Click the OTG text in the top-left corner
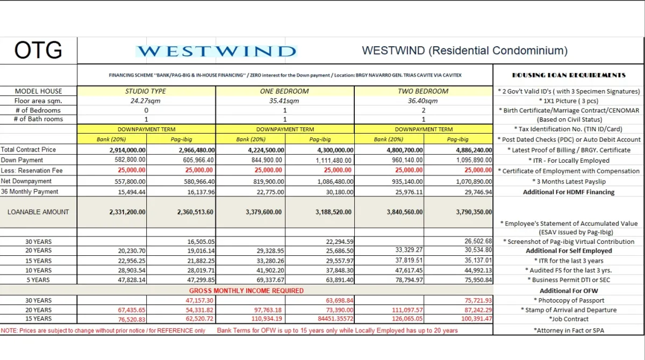(38, 51)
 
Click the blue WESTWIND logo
(216, 52)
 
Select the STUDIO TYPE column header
(146, 91)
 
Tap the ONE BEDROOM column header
(284, 91)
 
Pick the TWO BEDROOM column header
(423, 91)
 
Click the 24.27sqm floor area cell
(146, 101)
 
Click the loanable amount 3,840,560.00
(404, 212)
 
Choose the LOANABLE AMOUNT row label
(38, 212)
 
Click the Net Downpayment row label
(26, 182)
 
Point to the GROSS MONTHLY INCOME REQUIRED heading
(247, 291)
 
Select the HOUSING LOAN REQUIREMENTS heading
(569, 75)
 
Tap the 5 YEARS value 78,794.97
(405, 280)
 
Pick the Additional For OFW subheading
(569, 291)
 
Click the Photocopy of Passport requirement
(569, 300)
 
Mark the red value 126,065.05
(404, 319)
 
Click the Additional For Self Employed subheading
(569, 251)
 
